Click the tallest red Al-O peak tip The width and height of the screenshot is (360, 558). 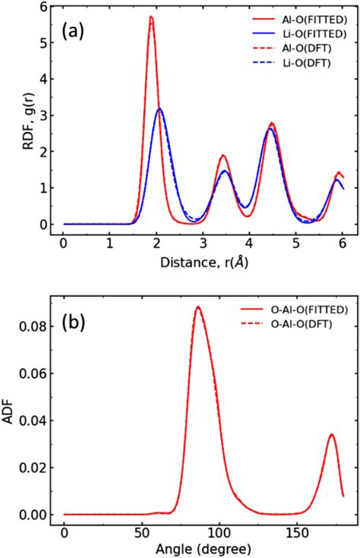(x=151, y=17)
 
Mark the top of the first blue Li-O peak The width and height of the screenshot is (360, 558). (x=159, y=109)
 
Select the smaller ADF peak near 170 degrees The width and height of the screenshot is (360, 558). (x=331, y=434)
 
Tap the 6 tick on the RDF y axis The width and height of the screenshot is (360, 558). (x=47, y=6)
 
